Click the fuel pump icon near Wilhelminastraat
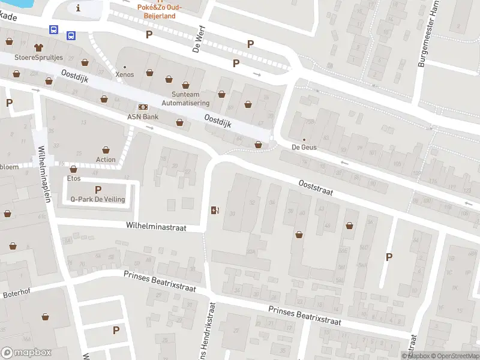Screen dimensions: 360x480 click(215, 210)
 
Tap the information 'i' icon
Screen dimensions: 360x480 click(78, 8)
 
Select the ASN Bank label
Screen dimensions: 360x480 click(142, 116)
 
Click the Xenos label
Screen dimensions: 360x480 click(124, 75)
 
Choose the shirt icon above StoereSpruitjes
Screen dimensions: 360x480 click(39, 47)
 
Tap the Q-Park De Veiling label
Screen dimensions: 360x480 click(97, 199)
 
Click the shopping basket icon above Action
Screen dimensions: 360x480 click(106, 149)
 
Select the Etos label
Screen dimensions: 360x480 click(74, 179)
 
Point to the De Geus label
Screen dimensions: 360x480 click(304, 147)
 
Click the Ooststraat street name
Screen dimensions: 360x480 click(316, 188)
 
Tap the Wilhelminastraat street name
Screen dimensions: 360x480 click(156, 227)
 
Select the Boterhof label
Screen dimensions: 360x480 click(16, 294)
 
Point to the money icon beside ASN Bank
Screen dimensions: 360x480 click(143, 106)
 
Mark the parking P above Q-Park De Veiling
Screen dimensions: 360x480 click(98, 190)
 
